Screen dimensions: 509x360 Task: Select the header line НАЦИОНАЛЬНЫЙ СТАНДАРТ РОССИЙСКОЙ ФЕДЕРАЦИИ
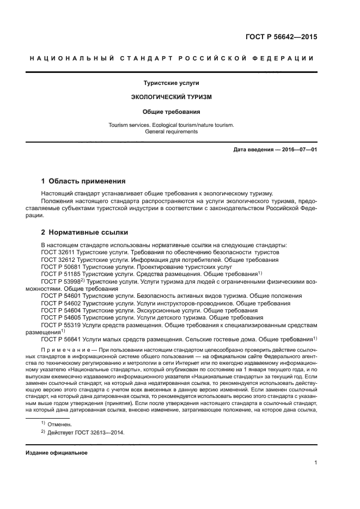[x=172, y=59]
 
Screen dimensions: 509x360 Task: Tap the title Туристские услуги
[x=171, y=83]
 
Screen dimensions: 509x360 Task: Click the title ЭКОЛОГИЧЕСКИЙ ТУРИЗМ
[x=171, y=97]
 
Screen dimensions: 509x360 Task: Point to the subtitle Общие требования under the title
[x=171, y=112]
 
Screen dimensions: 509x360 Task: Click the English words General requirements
[x=171, y=132]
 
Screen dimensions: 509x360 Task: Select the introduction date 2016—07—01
[x=299, y=149]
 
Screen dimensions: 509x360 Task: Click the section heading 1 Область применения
[x=83, y=181]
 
